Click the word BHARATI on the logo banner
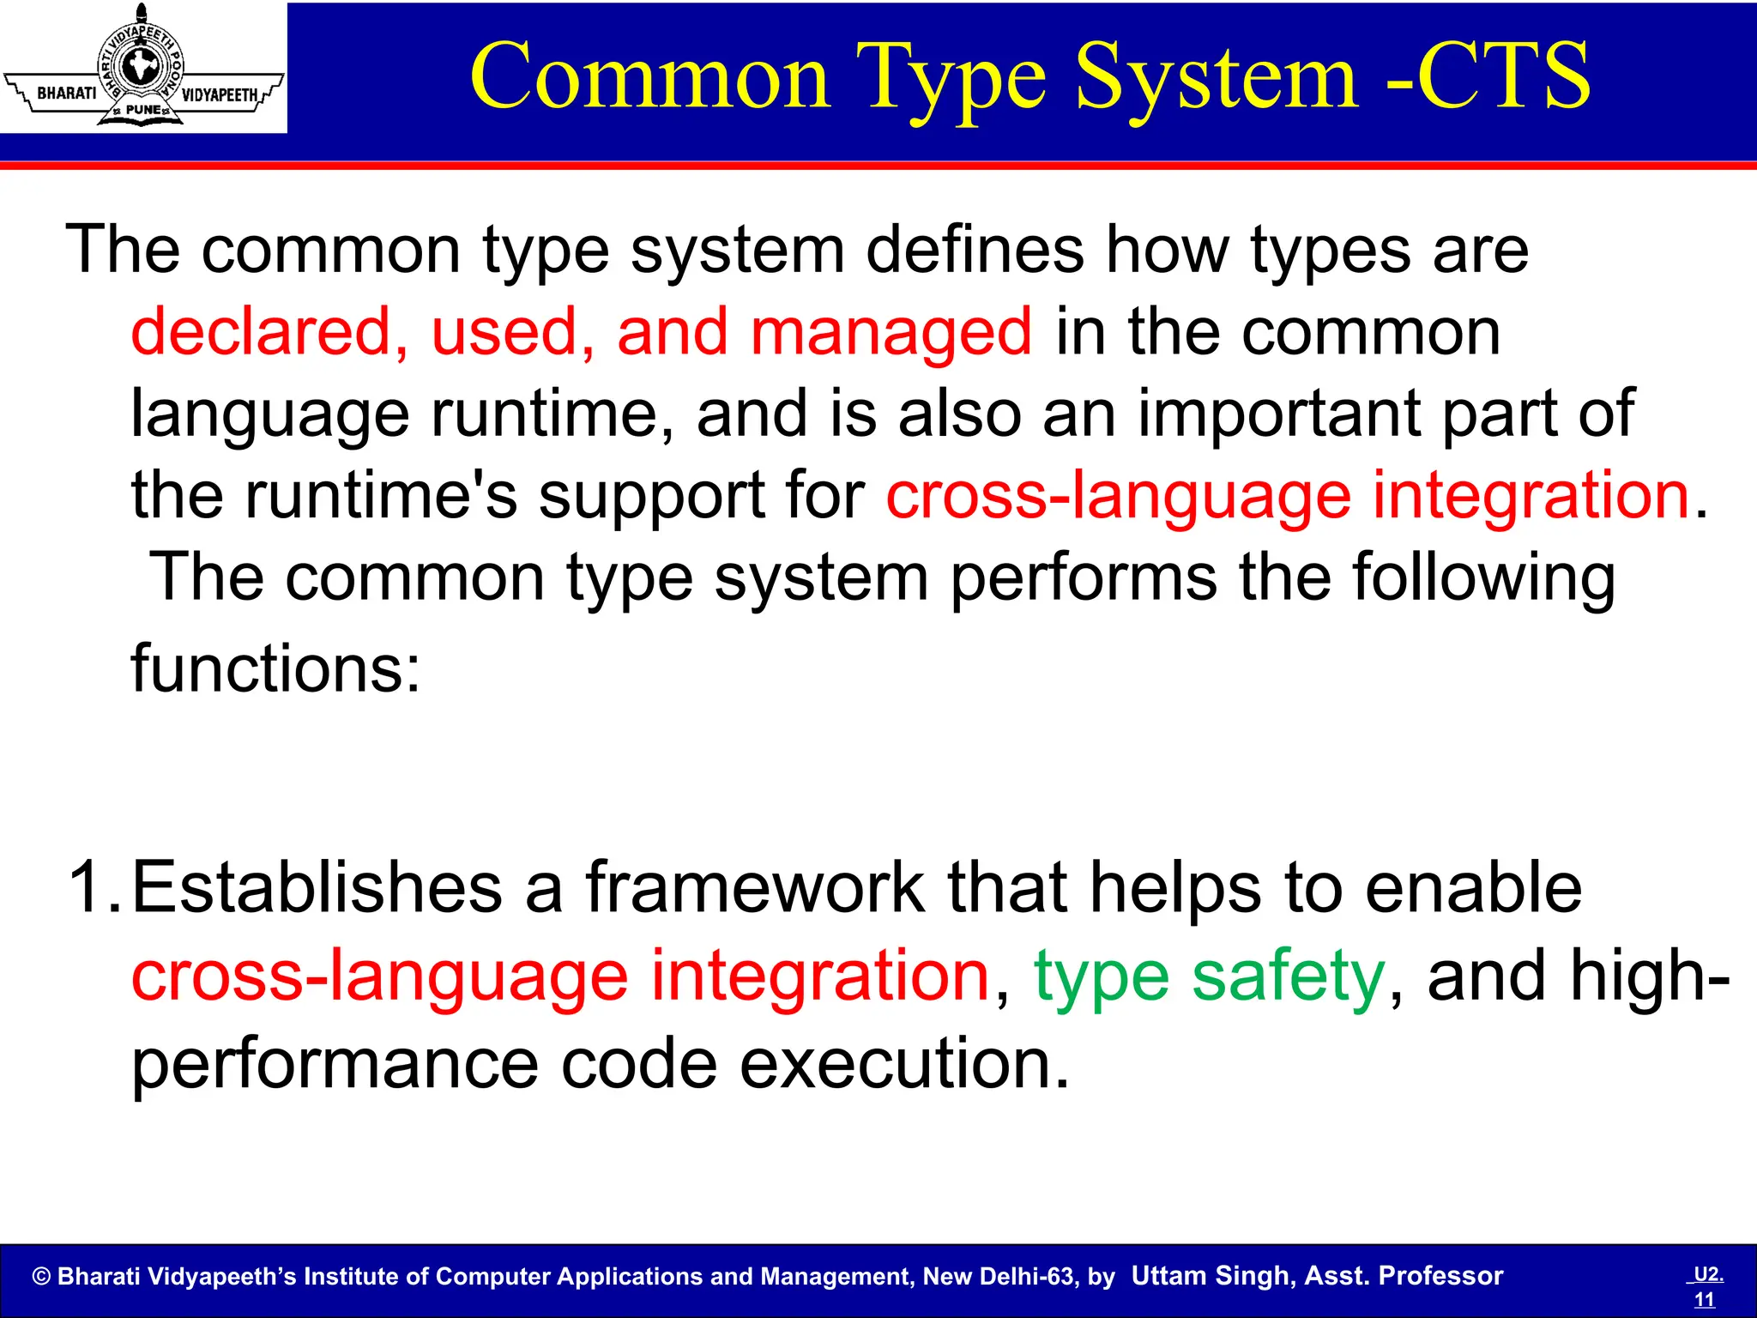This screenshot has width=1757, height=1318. coord(67,93)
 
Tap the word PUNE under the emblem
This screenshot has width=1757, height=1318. coord(142,110)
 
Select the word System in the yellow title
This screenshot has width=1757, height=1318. coord(1217,79)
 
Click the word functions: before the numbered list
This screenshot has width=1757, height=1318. coord(275,668)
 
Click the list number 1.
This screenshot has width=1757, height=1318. coord(93,887)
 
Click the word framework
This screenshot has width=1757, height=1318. coord(755,887)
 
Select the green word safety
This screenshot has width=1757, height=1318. coord(1288,977)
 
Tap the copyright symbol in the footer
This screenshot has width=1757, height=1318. coord(41,1277)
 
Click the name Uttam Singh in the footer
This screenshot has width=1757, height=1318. coord(1211,1276)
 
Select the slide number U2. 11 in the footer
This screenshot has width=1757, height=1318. coord(1706,1286)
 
